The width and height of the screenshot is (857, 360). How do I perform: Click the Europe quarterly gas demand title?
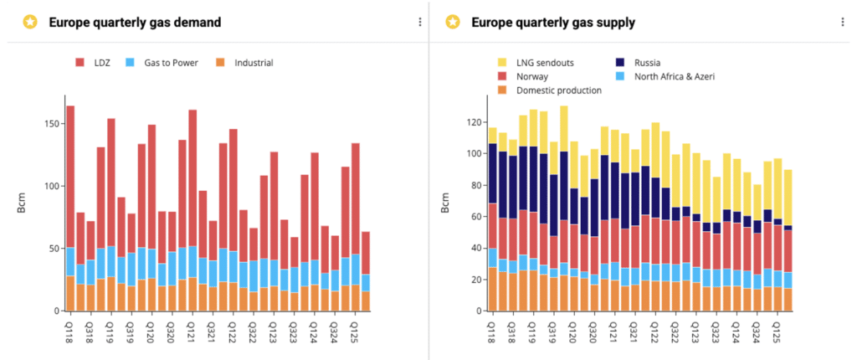pyautogui.click(x=135, y=23)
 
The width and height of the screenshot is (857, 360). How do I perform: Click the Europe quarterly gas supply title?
pyautogui.click(x=552, y=23)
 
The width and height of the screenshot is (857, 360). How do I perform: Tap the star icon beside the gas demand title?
pyautogui.click(x=30, y=23)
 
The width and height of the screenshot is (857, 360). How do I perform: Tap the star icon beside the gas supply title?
pyautogui.click(x=452, y=23)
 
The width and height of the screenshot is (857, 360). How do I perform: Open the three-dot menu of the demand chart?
pyautogui.click(x=420, y=23)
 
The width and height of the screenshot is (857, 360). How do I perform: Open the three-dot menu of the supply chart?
pyautogui.click(x=843, y=23)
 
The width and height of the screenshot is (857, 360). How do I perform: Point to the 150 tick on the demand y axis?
pyautogui.click(x=52, y=124)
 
